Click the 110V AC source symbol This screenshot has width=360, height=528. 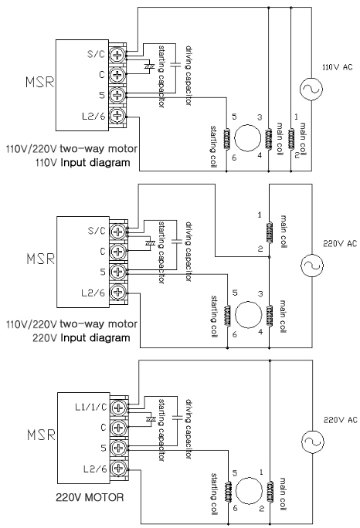[311, 89]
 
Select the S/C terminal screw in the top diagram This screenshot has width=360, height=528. [117, 54]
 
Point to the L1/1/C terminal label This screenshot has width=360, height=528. [90, 407]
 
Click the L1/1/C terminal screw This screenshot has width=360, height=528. [119, 408]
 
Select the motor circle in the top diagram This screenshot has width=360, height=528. [247, 138]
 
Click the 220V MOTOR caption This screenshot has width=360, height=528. [90, 497]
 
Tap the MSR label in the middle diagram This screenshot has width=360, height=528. [40, 259]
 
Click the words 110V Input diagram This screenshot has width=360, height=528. [83, 163]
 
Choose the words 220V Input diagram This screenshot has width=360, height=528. [81, 338]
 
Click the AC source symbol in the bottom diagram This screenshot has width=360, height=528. [312, 442]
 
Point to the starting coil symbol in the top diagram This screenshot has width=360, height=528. [226, 138]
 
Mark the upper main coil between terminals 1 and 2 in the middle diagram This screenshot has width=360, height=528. [269, 232]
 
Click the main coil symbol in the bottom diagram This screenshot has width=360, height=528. [270, 491]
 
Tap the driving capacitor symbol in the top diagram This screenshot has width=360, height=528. [175, 65]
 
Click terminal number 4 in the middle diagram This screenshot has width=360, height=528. [260, 332]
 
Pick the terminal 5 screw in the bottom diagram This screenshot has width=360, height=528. [119, 448]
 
